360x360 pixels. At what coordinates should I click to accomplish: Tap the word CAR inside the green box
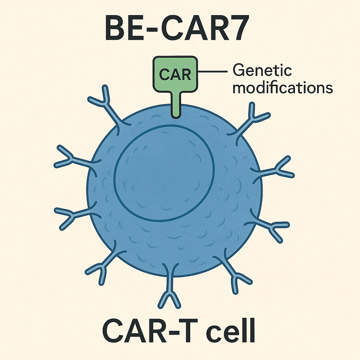[x=175, y=74]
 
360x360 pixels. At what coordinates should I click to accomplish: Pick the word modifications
[x=283, y=88]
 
